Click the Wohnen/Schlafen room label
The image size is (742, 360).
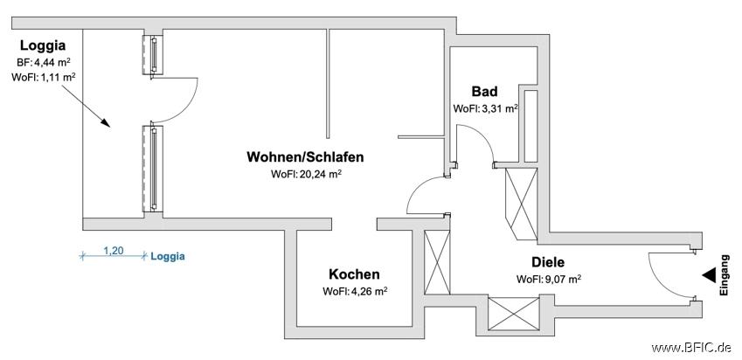coord(305,157)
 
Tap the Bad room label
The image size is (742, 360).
coord(484,91)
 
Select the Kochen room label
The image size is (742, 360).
coord(355,274)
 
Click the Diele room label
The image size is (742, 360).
coord(548,262)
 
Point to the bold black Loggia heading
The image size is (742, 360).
coord(43,46)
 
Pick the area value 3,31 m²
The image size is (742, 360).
coord(499,108)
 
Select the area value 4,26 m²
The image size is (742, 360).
coord(369,291)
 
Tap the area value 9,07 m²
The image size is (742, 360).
coord(563,279)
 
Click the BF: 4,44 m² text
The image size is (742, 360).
coord(43,61)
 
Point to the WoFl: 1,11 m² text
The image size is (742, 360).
coord(44,77)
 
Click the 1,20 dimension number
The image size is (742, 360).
coord(113,251)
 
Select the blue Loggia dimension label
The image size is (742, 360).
coord(168,257)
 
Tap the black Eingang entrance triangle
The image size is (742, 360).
coord(709,275)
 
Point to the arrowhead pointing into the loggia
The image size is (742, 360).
coord(105,122)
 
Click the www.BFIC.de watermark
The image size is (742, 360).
coord(691,348)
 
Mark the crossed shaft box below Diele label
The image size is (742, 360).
coord(514,314)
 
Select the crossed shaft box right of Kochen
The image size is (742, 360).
coord(437,262)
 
